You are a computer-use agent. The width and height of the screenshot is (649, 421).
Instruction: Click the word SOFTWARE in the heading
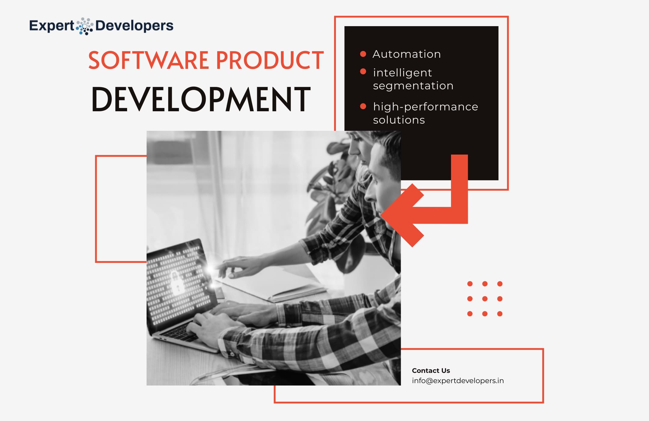click(148, 60)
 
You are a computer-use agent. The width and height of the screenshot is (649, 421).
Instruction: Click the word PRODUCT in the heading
click(270, 60)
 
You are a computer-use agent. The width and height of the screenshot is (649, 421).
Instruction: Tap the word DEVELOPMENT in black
click(201, 99)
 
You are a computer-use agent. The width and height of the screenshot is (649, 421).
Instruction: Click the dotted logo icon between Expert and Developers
click(84, 26)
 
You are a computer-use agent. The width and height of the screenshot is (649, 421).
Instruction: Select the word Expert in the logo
click(51, 26)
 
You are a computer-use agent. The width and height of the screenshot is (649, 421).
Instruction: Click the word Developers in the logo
click(134, 26)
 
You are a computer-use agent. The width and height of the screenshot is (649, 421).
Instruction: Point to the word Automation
click(407, 54)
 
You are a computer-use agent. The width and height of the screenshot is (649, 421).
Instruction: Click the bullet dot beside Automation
click(363, 54)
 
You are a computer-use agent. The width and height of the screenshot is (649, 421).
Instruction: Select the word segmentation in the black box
click(413, 86)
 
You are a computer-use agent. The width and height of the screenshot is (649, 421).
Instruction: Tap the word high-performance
click(425, 107)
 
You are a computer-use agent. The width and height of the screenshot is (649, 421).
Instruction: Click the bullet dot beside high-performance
click(363, 106)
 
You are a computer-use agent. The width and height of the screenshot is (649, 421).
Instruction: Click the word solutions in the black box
click(399, 120)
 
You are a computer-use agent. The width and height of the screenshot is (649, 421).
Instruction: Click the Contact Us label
click(431, 370)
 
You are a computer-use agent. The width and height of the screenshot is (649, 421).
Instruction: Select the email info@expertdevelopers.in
click(458, 381)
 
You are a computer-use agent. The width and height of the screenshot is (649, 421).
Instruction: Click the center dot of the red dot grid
click(485, 299)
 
